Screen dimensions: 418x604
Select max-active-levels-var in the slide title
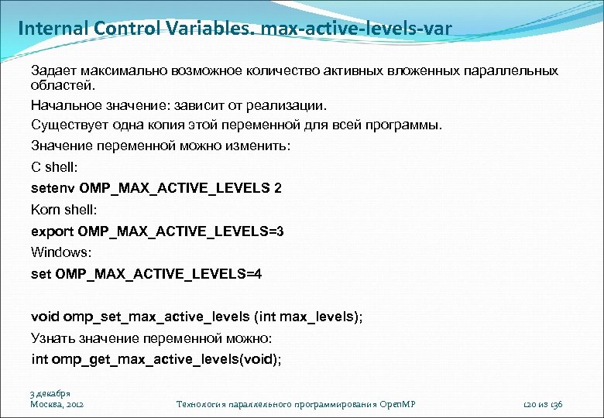pos(357,29)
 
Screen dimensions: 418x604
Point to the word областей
pos(61,84)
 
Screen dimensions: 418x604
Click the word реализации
pos(291,104)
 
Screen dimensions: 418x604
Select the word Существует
pos(66,124)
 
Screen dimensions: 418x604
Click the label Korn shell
pos(63,209)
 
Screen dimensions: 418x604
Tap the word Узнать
pos(53,338)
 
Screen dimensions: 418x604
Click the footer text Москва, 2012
pos(57,404)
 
